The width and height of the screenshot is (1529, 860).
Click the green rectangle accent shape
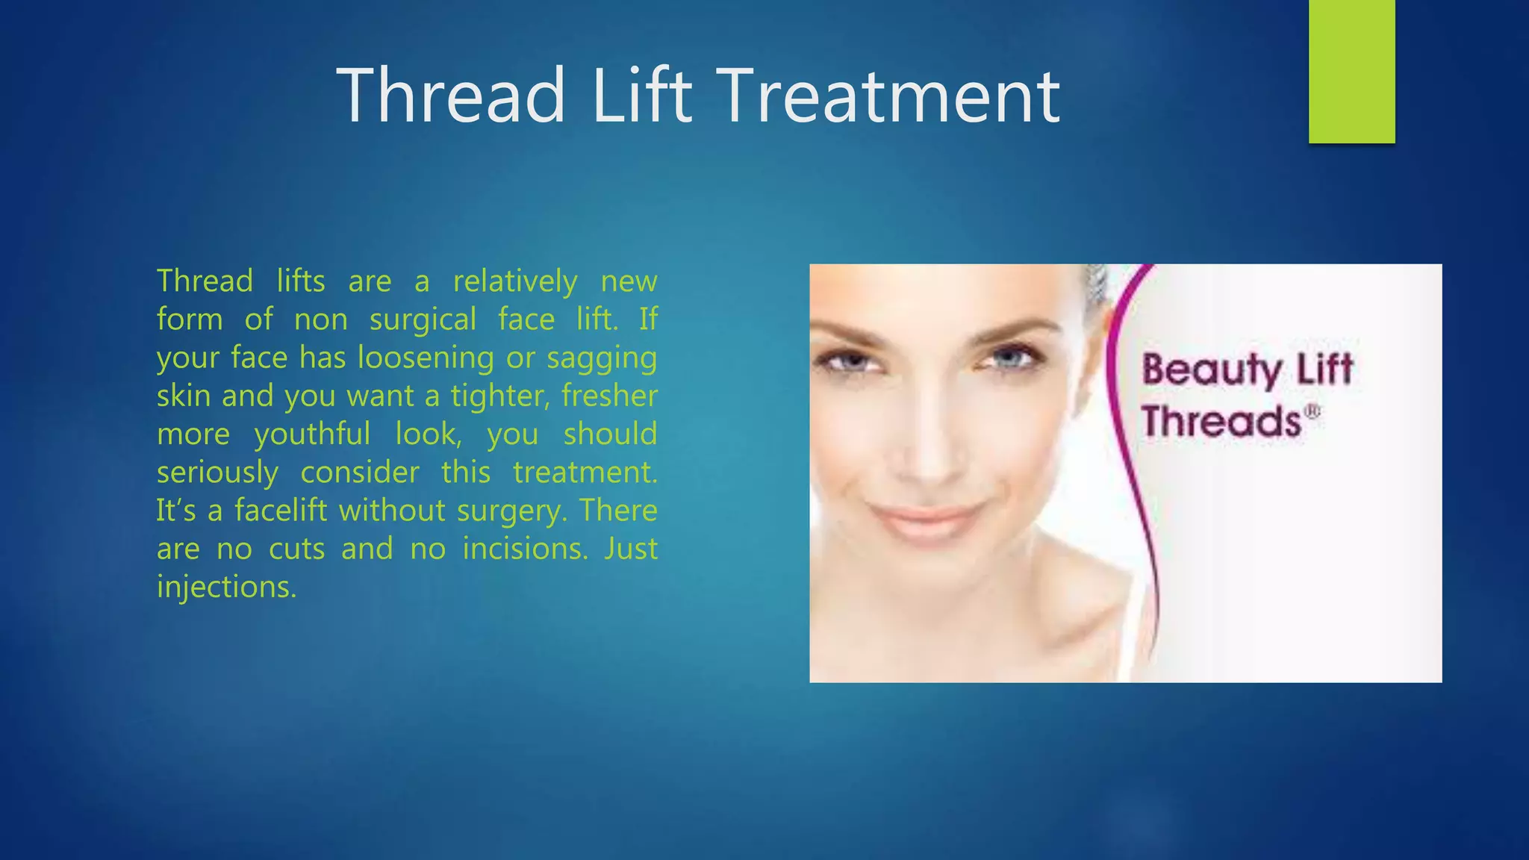[x=1351, y=72]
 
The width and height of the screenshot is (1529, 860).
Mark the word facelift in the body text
[x=281, y=511]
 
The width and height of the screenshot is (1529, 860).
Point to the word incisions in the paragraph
[x=525, y=549]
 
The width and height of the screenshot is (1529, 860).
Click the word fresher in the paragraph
[x=609, y=396]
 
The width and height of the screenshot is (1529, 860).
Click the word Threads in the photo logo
[x=1221, y=422]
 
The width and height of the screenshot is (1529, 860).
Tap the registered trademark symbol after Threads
[x=1312, y=411]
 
